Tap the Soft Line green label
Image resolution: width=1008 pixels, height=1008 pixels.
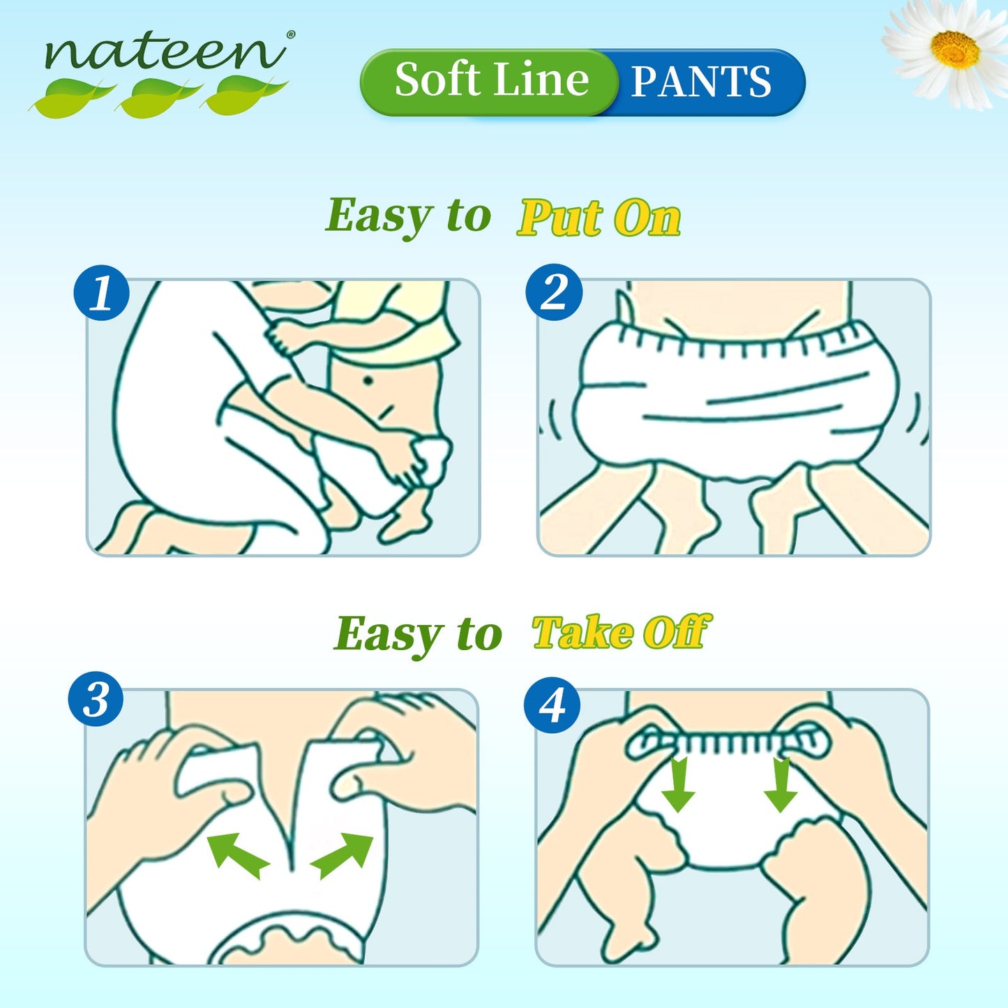click(491, 81)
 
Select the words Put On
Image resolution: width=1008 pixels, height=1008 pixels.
click(599, 218)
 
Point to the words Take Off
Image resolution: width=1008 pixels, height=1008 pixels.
click(621, 633)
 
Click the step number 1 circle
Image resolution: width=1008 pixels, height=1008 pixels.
click(102, 293)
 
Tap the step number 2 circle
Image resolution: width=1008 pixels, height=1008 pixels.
click(554, 292)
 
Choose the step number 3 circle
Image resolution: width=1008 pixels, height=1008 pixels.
click(96, 700)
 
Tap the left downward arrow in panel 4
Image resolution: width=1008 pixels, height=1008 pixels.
click(678, 785)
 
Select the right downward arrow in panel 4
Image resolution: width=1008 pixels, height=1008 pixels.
click(781, 785)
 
